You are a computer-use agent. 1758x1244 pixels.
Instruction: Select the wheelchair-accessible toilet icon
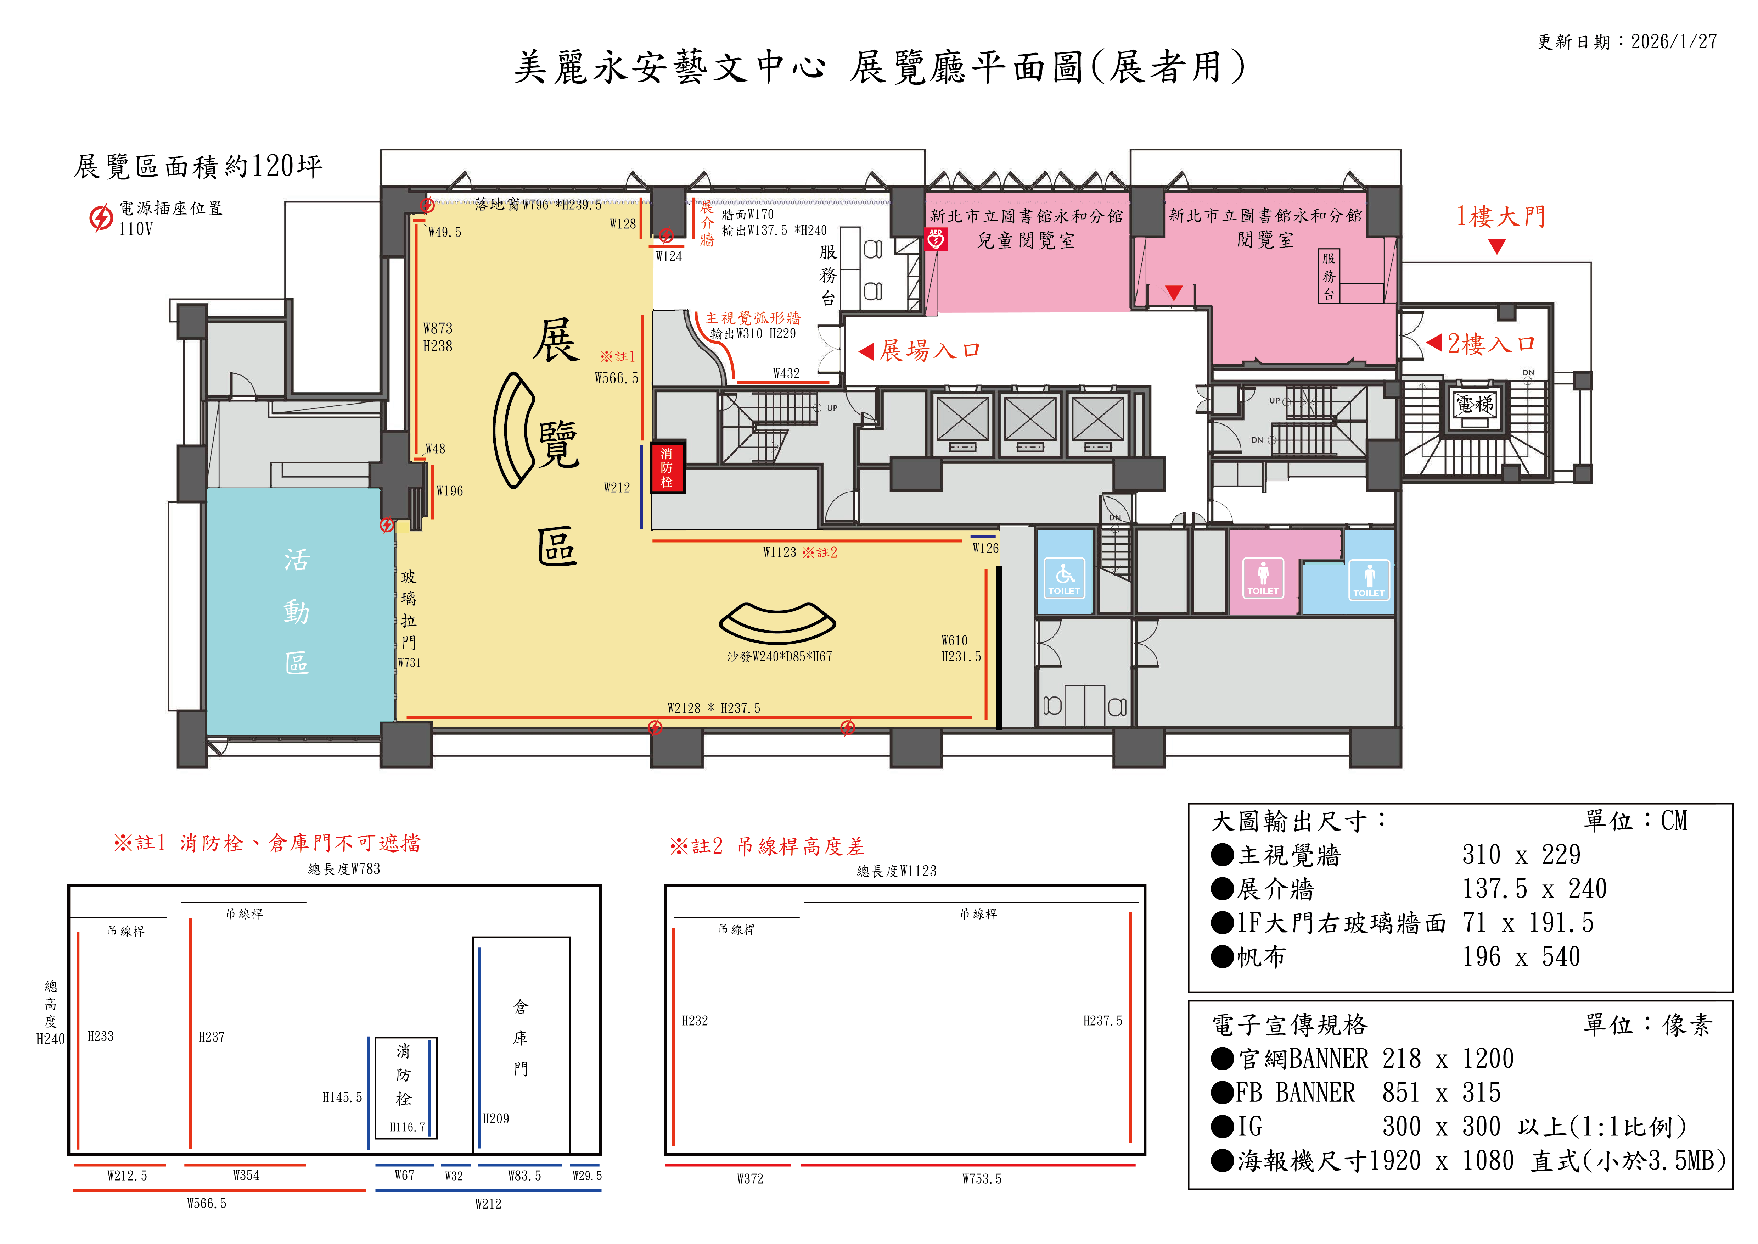(1064, 578)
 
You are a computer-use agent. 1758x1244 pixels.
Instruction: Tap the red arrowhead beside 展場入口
(867, 351)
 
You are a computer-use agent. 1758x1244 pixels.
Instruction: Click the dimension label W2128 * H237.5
(714, 709)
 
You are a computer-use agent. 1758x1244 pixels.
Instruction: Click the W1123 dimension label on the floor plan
(780, 552)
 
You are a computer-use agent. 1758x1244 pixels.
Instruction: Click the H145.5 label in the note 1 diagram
(342, 1098)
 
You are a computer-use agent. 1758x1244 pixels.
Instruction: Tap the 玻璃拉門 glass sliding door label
(409, 610)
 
